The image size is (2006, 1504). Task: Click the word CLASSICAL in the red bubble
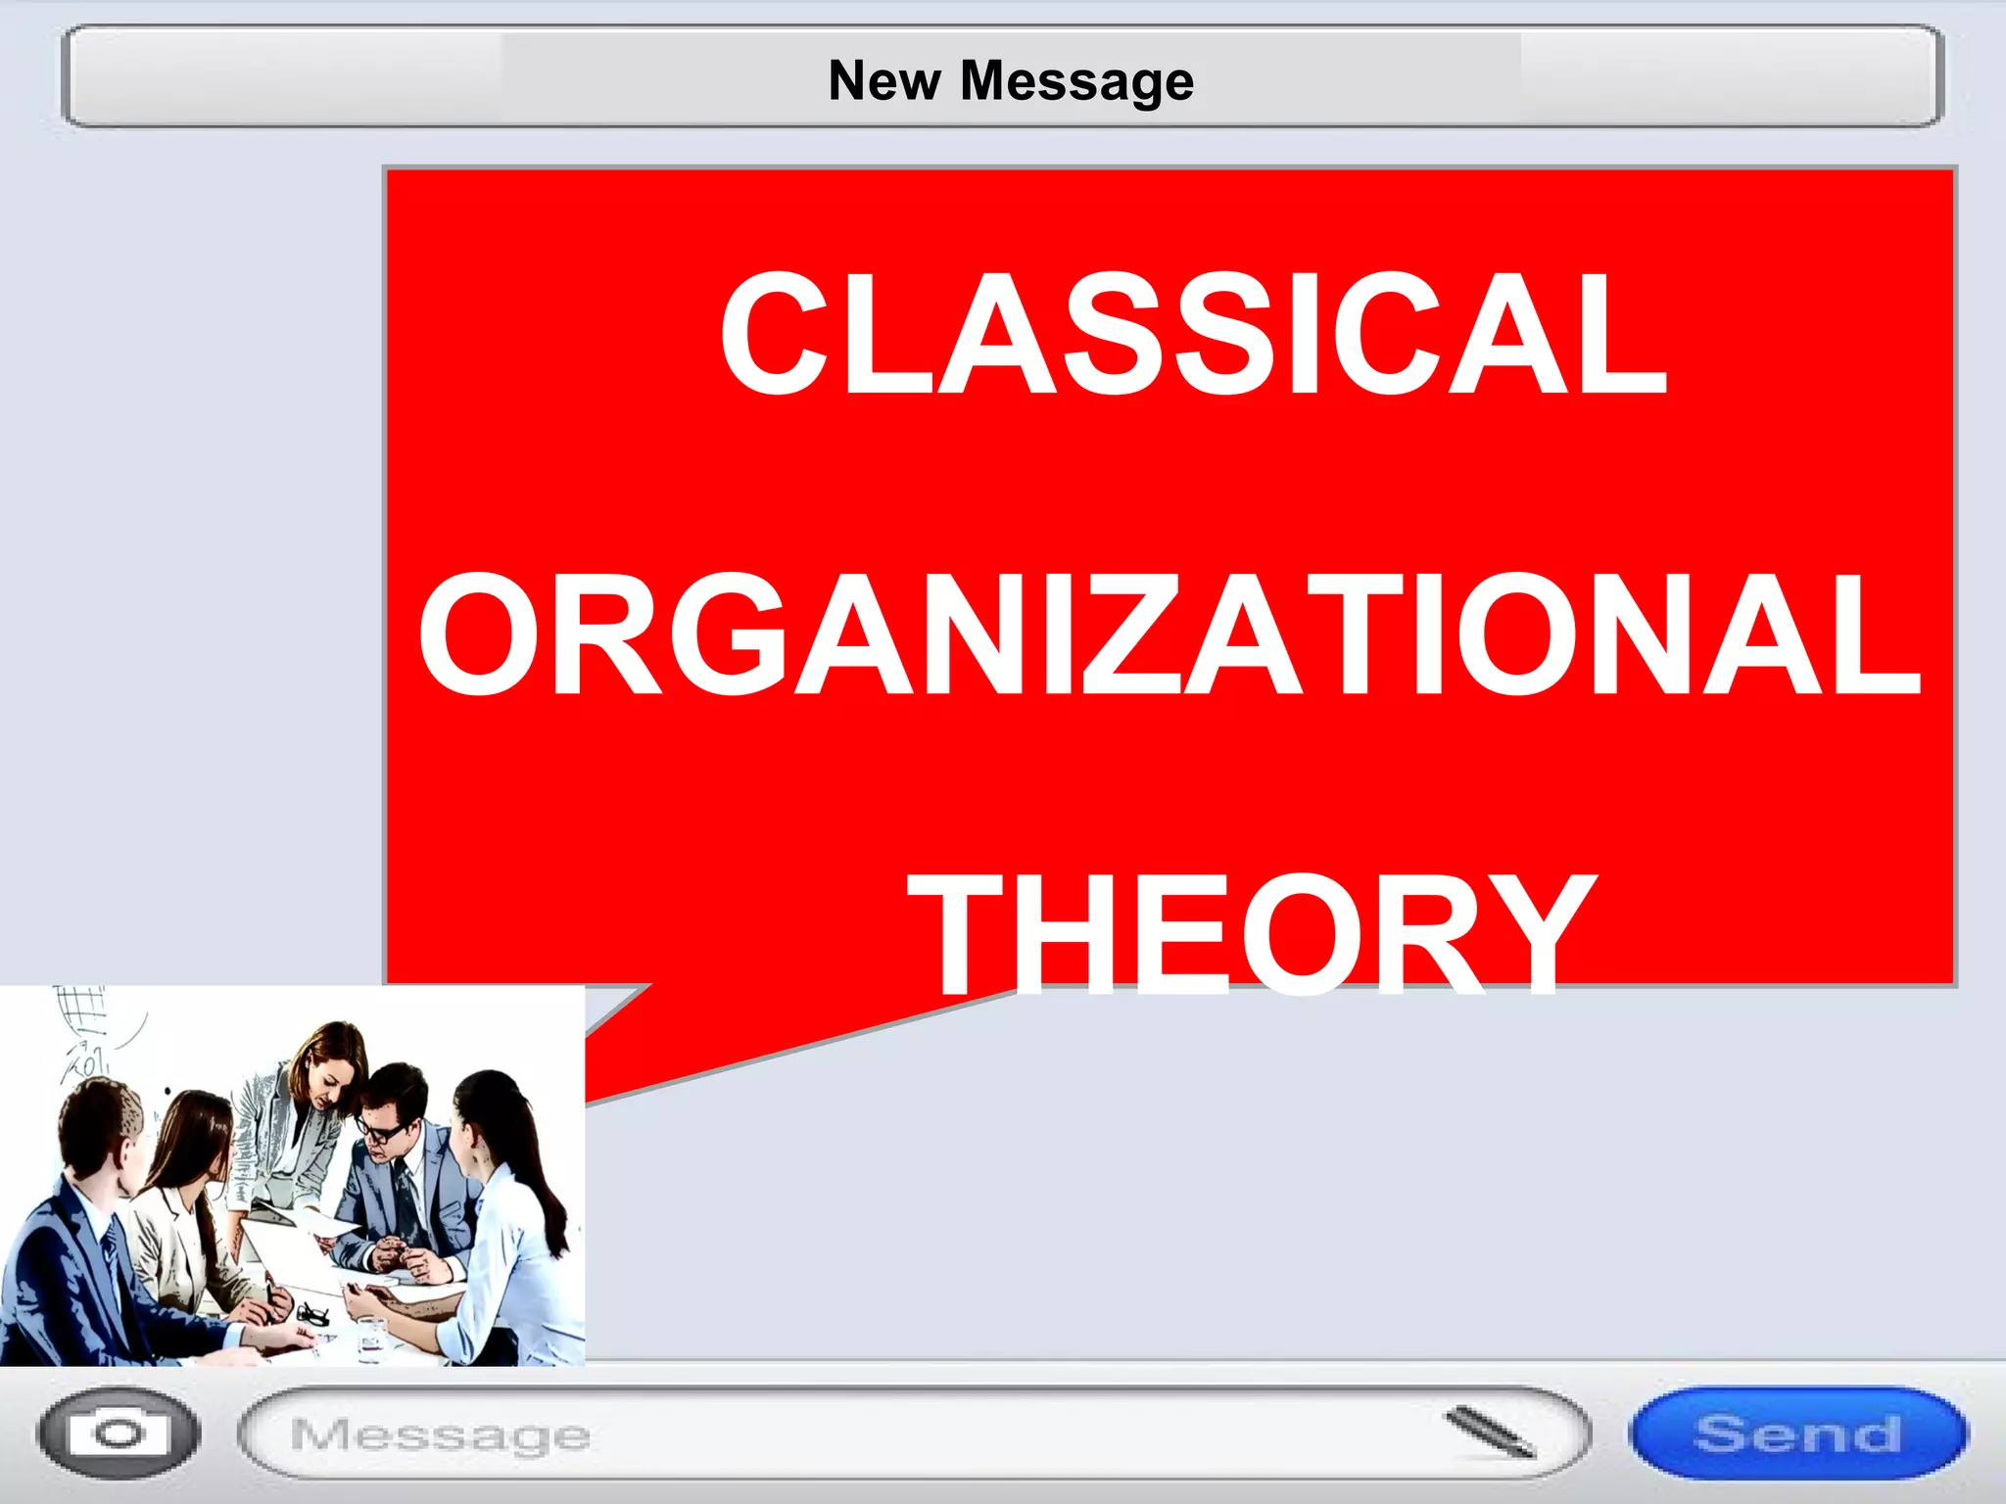point(1193,335)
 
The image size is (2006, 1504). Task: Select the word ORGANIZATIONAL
point(1170,636)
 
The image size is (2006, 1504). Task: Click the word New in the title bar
point(884,80)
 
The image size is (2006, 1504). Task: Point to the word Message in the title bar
point(1076,82)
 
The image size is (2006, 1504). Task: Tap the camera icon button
point(119,1433)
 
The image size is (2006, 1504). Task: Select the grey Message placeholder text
point(440,1435)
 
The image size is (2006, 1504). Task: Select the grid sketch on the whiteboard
point(80,1009)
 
